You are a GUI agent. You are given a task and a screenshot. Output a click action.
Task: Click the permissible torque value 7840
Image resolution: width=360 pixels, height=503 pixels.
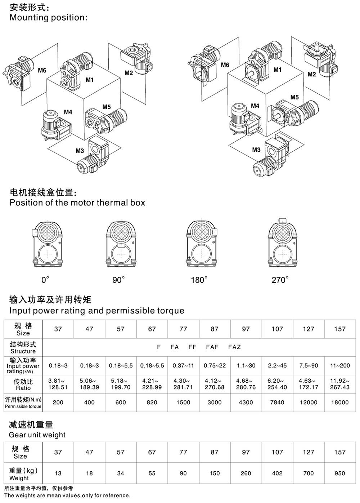(x=277, y=402)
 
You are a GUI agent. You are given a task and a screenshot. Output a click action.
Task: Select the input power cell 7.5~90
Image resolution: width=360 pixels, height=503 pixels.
(x=309, y=365)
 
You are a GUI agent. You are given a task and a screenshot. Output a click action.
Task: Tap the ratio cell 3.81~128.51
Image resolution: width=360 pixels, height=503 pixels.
(x=58, y=384)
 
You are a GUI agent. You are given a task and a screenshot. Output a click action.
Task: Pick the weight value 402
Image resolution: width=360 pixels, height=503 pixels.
(x=277, y=473)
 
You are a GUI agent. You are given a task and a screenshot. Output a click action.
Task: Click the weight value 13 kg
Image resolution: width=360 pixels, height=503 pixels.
(x=58, y=473)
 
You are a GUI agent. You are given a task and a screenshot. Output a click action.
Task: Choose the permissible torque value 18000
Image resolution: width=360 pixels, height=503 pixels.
(x=340, y=402)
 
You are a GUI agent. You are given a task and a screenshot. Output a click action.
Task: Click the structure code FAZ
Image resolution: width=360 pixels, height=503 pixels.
(x=234, y=347)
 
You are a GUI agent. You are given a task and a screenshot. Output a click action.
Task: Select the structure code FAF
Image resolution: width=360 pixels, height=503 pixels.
(x=212, y=347)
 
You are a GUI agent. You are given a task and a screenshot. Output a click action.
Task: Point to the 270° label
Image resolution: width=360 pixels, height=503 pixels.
(x=280, y=280)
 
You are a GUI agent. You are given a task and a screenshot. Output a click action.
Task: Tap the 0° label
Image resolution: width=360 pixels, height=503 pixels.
(x=45, y=280)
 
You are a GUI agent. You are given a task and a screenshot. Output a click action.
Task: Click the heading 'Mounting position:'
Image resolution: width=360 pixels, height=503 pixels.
(x=48, y=17)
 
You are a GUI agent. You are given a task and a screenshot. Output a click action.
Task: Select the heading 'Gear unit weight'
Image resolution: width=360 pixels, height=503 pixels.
(x=37, y=435)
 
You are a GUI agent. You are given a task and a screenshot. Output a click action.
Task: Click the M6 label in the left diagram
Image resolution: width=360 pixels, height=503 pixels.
(x=42, y=71)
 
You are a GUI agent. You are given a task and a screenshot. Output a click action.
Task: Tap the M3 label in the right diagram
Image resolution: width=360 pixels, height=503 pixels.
(x=256, y=150)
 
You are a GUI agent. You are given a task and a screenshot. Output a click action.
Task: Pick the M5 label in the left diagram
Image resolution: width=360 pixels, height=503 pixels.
(x=107, y=107)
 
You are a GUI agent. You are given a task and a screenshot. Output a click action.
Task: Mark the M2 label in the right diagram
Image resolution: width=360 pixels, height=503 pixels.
(x=312, y=74)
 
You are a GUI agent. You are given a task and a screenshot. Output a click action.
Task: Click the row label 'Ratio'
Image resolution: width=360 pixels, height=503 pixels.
(x=23, y=388)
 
